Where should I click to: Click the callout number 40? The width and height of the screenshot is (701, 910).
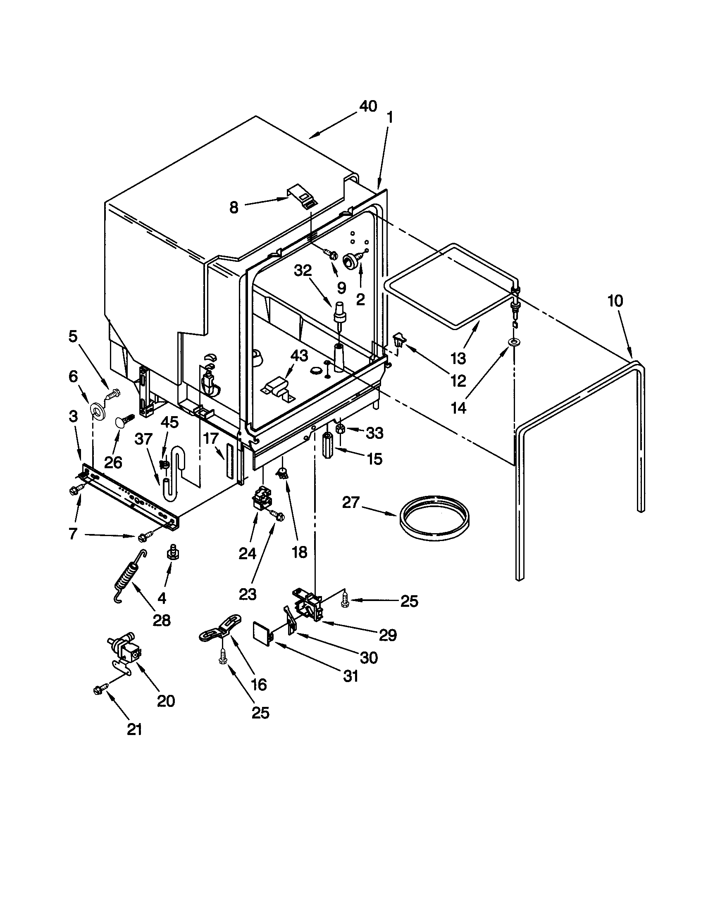pyautogui.click(x=368, y=107)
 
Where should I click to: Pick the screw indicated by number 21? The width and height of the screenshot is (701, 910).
pyautogui.click(x=100, y=690)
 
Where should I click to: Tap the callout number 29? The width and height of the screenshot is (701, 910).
pyautogui.click(x=388, y=635)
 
